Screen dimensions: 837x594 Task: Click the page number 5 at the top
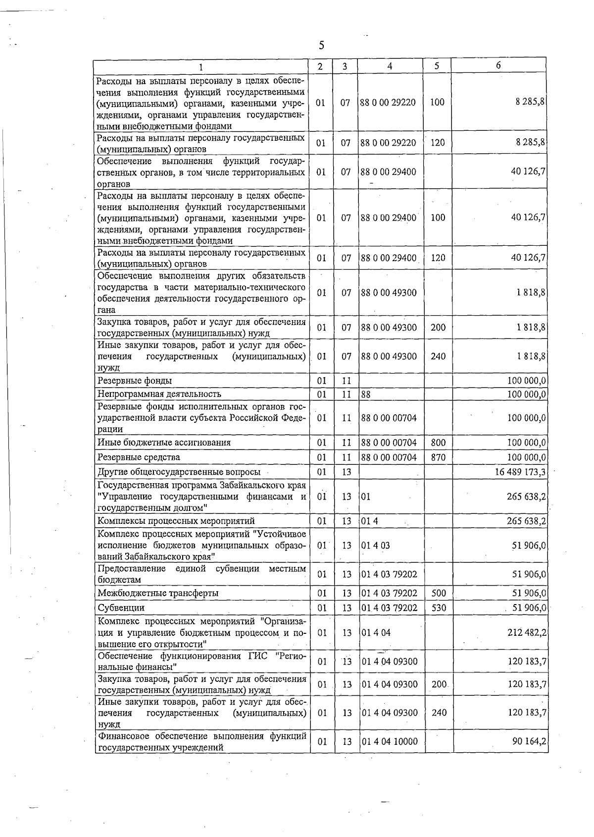(x=321, y=46)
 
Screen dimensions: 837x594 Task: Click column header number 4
(x=390, y=66)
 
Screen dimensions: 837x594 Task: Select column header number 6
(x=498, y=65)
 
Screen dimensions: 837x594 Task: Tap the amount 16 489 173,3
(x=520, y=472)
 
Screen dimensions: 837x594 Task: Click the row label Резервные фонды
(x=135, y=381)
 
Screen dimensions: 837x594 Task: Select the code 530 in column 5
(x=439, y=608)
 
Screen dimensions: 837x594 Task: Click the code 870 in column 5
(x=438, y=457)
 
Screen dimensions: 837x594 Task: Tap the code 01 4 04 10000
(x=390, y=742)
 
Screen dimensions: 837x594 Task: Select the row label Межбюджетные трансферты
(x=158, y=593)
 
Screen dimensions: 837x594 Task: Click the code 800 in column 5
(x=438, y=443)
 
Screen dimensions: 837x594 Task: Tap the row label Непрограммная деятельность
(x=159, y=394)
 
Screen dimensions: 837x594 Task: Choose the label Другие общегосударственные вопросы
(x=179, y=472)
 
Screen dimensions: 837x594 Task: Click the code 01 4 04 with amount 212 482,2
(x=376, y=633)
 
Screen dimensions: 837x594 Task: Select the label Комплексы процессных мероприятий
(x=176, y=521)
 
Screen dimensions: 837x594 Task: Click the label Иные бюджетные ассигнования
(x=164, y=443)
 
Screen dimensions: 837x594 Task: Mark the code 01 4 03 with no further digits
(x=376, y=546)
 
